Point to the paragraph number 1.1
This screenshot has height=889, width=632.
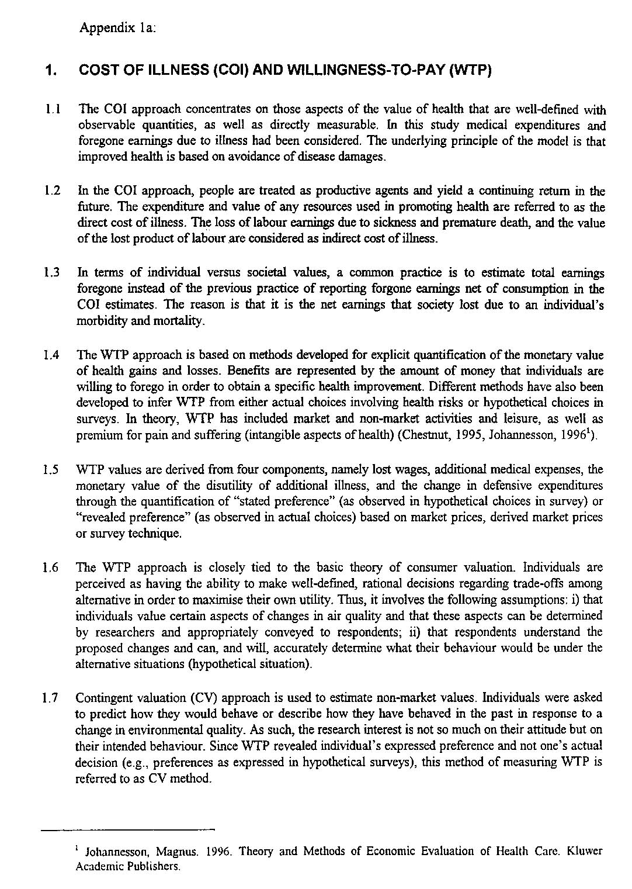coord(54,110)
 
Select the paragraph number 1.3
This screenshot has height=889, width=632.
coord(53,273)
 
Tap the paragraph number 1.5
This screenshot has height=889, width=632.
coord(53,470)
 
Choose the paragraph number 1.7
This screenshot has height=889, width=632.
coord(53,698)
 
